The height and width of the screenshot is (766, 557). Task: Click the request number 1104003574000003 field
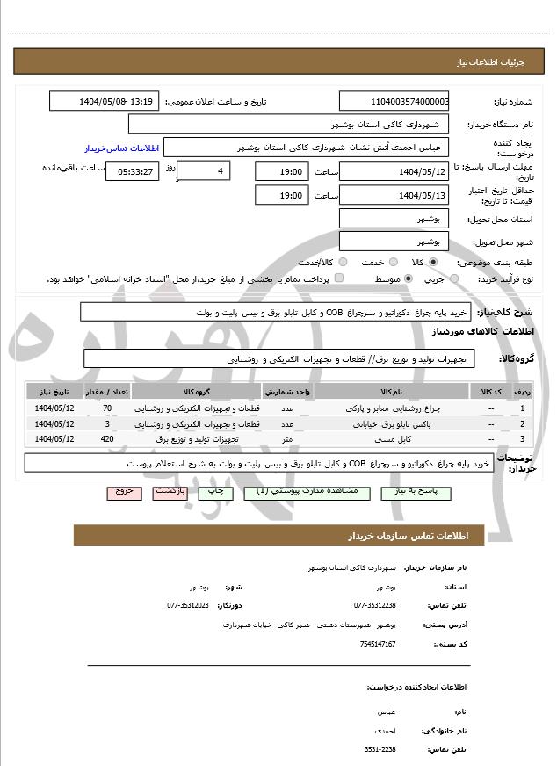[x=394, y=102]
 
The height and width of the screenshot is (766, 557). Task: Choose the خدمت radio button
[x=391, y=263]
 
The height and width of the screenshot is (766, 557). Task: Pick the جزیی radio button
[x=453, y=279]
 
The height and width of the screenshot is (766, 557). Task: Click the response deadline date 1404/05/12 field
[x=394, y=170]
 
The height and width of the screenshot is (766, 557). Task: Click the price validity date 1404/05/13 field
[x=394, y=195]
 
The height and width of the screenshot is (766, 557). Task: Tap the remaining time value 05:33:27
[x=132, y=170]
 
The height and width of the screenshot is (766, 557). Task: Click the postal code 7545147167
[x=379, y=644]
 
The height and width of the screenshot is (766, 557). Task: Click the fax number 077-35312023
[x=187, y=606]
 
